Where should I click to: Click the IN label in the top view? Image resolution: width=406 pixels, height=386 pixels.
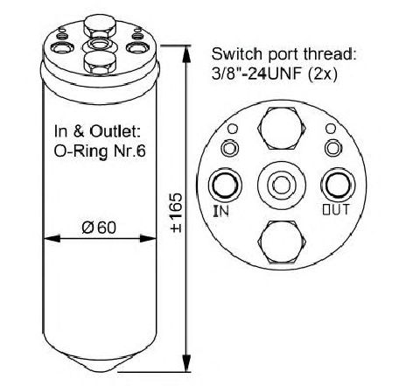click(221, 211)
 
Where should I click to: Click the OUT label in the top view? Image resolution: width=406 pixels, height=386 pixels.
click(336, 209)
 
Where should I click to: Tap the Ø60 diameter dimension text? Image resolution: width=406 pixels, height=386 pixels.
click(99, 228)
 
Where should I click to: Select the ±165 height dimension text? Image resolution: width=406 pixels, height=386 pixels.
click(177, 213)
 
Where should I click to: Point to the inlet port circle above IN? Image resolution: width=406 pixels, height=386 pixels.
click(225, 185)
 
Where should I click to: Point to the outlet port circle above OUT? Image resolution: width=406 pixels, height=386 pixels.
click(339, 184)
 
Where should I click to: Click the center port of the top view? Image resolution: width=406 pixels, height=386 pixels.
click(282, 185)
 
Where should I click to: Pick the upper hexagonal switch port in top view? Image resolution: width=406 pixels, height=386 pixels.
click(282, 128)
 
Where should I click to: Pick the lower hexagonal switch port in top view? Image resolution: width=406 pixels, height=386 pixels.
click(282, 242)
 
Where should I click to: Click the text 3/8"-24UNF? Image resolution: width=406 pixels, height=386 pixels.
click(258, 74)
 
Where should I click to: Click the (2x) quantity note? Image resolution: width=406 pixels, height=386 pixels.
click(323, 75)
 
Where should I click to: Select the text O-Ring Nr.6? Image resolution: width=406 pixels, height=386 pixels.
click(100, 151)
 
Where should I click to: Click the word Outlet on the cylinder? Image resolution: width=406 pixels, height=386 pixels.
click(115, 131)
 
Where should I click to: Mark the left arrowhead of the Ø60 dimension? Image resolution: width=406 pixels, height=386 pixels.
click(52, 239)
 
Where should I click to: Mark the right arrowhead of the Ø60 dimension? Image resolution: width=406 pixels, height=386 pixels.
click(148, 239)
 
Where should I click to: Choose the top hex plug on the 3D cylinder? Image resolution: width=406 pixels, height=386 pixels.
click(100, 27)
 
